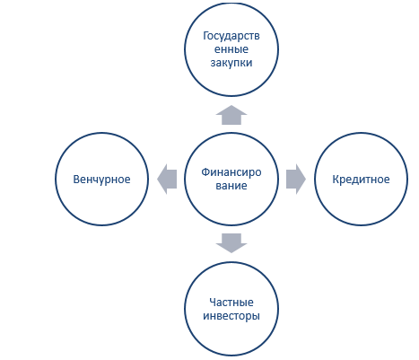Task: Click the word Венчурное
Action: click(x=101, y=180)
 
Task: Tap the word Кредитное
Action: click(x=361, y=180)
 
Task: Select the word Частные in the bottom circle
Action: click(x=231, y=303)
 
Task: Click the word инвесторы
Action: click(x=231, y=316)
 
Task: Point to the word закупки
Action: click(x=231, y=63)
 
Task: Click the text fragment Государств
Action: click(x=231, y=36)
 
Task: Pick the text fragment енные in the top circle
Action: click(x=231, y=49)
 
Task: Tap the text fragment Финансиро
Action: click(x=231, y=172)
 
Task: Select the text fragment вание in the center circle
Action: click(x=231, y=186)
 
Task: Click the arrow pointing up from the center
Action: click(x=231, y=115)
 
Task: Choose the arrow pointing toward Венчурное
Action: click(x=167, y=180)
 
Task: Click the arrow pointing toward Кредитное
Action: click(x=296, y=180)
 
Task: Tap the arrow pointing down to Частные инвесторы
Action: click(x=231, y=243)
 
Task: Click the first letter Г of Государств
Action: click(x=205, y=36)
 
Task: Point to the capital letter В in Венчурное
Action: click(x=76, y=180)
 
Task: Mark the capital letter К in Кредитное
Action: click(x=336, y=180)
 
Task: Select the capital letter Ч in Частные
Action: click(x=213, y=303)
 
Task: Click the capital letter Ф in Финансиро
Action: click(x=205, y=172)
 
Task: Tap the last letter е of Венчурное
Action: click(x=127, y=180)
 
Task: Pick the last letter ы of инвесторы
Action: click(x=257, y=317)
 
